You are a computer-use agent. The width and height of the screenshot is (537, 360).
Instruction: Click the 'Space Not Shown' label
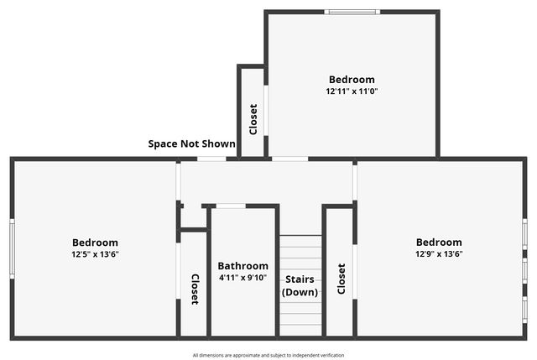click(191, 143)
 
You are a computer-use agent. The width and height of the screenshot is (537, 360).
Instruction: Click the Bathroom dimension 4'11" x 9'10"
click(243, 277)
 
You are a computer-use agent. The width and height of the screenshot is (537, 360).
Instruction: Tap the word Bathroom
click(243, 266)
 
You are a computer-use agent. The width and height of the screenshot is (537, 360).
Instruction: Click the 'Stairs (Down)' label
click(300, 285)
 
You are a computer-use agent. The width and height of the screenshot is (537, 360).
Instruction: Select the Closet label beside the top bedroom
click(253, 119)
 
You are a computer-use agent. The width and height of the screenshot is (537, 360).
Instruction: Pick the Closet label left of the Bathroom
click(195, 290)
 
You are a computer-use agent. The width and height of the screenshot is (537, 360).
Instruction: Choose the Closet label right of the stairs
click(341, 279)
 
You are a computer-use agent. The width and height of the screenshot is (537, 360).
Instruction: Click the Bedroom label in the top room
click(352, 80)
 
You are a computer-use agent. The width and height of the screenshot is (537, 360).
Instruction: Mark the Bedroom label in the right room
click(439, 243)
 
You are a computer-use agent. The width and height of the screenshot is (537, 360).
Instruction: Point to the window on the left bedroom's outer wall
click(12, 248)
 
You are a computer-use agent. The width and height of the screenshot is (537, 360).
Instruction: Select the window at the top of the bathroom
click(231, 206)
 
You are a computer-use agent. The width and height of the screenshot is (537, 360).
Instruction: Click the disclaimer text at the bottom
click(268, 355)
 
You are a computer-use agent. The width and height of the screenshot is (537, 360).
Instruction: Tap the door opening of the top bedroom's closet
click(266, 108)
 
